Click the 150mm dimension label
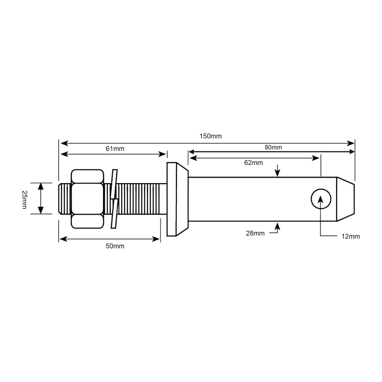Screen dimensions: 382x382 tap(210, 136)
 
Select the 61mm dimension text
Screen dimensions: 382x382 tap(115, 149)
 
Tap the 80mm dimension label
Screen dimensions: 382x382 tap(273, 147)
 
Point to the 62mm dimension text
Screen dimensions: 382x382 tap(253, 163)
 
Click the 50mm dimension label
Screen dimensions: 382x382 tap(115, 246)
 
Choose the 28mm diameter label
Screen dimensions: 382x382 tap(255, 233)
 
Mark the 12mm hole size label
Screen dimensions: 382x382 tap(351, 236)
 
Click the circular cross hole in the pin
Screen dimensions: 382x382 tap(321, 199)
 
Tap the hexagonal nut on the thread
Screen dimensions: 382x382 tap(87, 199)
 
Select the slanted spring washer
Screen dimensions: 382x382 tap(114, 199)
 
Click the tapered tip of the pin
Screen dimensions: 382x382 tap(345, 199)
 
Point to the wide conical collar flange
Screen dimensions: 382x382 tap(176, 199)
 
